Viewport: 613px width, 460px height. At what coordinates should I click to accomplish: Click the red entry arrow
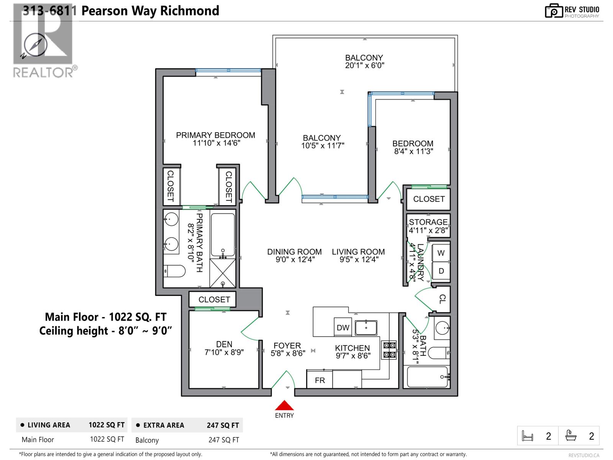tap(284, 405)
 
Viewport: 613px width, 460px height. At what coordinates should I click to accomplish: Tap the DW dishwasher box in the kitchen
tap(343, 327)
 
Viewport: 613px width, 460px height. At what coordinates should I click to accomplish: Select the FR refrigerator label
tap(320, 380)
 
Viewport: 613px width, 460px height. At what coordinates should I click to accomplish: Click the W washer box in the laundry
tap(441, 253)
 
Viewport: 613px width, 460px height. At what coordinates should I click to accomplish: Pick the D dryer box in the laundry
tap(441, 271)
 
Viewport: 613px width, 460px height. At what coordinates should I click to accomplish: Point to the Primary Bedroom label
tap(215, 135)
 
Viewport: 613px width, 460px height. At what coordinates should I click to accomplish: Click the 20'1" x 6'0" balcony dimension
tap(364, 66)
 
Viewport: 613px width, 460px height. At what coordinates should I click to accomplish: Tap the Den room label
tap(224, 344)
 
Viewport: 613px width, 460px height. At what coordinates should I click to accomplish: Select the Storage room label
tap(428, 222)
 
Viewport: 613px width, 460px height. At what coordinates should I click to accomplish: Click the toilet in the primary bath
tap(174, 271)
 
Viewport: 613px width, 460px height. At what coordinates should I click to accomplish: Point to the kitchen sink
tap(366, 328)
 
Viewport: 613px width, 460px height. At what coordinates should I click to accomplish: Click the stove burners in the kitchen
tap(390, 350)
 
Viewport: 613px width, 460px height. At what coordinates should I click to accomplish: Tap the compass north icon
tap(35, 45)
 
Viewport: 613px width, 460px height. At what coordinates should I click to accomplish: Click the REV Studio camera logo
tap(554, 11)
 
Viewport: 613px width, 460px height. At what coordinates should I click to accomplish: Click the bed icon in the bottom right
tap(528, 436)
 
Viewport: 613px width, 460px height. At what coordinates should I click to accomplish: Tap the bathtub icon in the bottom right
tap(571, 436)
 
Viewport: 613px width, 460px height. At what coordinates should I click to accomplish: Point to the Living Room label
tap(358, 252)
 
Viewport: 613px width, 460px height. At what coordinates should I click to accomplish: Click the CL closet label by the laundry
tap(443, 299)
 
